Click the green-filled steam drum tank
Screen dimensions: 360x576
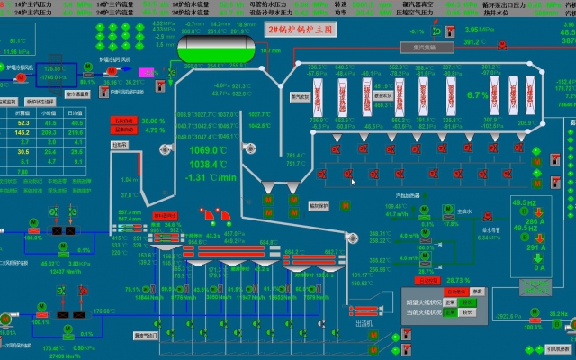[213, 49]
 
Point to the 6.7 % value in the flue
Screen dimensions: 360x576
[477, 94]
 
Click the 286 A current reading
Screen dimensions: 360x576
[538, 220]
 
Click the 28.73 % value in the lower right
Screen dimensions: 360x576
[459, 280]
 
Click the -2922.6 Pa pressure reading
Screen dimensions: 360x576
[509, 316]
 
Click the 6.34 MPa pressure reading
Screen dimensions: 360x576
[489, 238]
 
